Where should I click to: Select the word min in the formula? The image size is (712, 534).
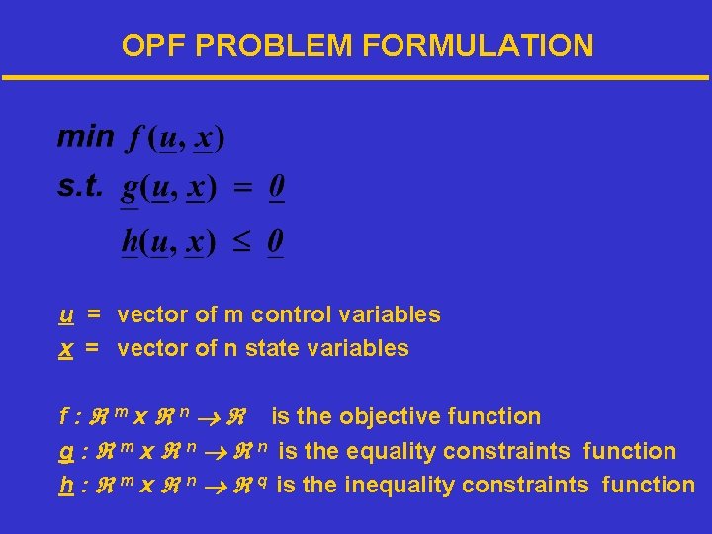pos(85,136)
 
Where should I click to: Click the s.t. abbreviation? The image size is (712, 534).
pos(80,187)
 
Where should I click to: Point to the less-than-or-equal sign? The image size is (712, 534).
pos(240,240)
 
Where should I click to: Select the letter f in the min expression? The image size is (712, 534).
pos(133,139)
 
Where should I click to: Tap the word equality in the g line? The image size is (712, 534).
pos(382,452)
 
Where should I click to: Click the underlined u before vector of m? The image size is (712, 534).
pos(65,315)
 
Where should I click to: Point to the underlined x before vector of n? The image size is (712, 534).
pos(65,349)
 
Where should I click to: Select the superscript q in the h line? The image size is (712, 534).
pos(265,480)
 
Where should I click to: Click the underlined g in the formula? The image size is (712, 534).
pos(130,188)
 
